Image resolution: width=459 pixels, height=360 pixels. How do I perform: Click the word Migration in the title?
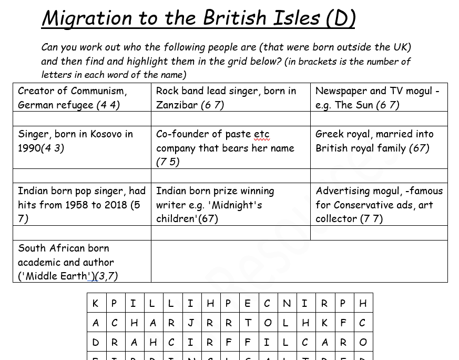pyautogui.click(x=87, y=18)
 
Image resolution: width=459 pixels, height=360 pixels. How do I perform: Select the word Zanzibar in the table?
pyautogui.click(x=177, y=105)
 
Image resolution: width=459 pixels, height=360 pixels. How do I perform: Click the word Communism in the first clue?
pyautogui.click(x=98, y=91)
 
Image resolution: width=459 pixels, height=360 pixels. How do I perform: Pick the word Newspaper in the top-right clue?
pyautogui.click(x=340, y=91)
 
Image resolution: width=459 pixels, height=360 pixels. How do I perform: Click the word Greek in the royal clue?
pyautogui.click(x=329, y=134)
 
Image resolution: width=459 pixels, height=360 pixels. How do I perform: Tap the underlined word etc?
pyautogui.click(x=261, y=134)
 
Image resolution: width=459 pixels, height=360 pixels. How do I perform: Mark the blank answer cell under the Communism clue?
pyautogui.click(x=82, y=118)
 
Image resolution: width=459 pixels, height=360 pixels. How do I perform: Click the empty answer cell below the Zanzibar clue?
pyautogui.click(x=230, y=118)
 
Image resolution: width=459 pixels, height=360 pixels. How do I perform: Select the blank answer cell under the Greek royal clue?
pyautogui.click(x=379, y=175)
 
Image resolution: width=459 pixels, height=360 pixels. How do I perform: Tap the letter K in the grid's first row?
pyautogui.click(x=95, y=303)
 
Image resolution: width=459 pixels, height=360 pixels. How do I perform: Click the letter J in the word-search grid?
pyautogui.click(x=190, y=323)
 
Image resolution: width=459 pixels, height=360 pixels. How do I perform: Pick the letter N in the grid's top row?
pyautogui.click(x=287, y=303)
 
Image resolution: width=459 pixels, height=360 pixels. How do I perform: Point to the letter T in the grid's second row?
pyautogui.click(x=248, y=323)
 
